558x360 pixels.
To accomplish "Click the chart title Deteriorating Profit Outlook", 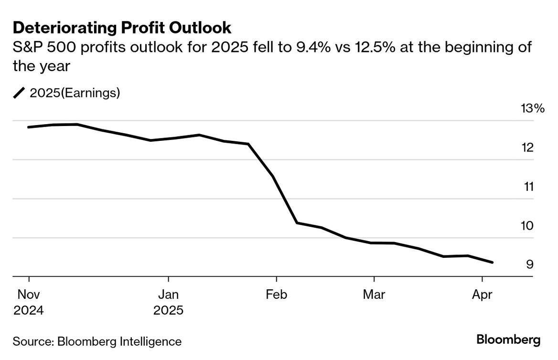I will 122,28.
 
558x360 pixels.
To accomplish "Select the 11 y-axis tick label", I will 527,187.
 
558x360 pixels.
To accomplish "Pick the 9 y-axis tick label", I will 530,265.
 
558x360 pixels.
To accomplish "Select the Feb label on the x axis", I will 276,295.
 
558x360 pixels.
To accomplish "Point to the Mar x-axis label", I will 374,295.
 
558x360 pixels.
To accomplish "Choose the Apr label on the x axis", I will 482,295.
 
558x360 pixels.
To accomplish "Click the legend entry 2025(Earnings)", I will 75,93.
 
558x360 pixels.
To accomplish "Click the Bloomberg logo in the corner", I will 508,340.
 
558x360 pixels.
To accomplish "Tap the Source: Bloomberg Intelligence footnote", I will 97,342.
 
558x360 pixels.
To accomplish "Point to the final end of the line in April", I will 493,262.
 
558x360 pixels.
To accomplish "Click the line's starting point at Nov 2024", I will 29,127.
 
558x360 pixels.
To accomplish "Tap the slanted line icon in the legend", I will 19,93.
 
